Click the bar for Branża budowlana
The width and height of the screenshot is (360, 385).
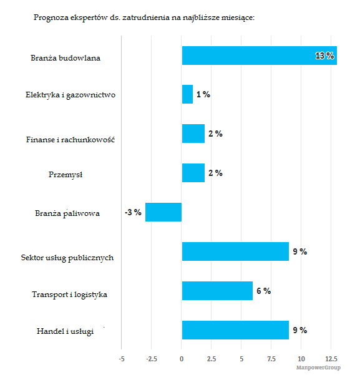click(x=260, y=56)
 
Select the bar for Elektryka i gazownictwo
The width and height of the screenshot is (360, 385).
click(x=187, y=94)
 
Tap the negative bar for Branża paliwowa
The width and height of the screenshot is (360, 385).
click(x=163, y=212)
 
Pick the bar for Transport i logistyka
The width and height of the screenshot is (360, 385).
click(x=217, y=291)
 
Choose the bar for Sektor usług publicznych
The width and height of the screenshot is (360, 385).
click(x=235, y=251)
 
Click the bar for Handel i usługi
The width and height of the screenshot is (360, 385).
click(x=235, y=330)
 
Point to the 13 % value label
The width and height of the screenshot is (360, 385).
click(x=324, y=56)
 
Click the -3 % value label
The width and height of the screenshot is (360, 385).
click(x=133, y=212)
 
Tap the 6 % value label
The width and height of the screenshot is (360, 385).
click(x=264, y=291)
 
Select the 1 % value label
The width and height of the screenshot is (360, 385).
click(x=203, y=94)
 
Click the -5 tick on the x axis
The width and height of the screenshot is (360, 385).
click(x=122, y=359)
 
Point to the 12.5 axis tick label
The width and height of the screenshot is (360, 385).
click(x=331, y=359)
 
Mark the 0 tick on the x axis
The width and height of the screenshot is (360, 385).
click(x=182, y=359)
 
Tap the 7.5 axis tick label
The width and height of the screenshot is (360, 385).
click(x=271, y=359)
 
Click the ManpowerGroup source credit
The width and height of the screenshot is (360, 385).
click(x=318, y=368)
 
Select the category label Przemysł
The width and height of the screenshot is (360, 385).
click(x=66, y=175)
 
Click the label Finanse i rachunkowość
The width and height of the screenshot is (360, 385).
click(x=71, y=140)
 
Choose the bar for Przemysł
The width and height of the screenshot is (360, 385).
click(x=193, y=173)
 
